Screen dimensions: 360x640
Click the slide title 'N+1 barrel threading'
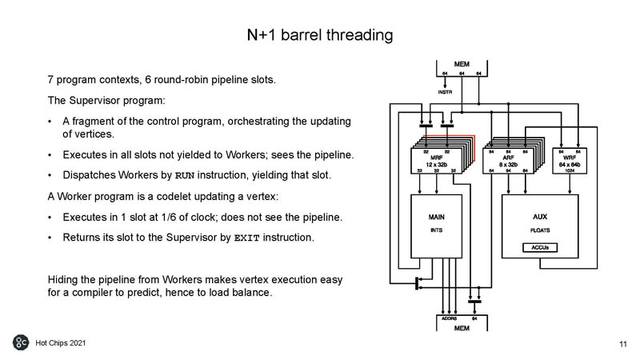320,35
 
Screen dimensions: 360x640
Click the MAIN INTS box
436,224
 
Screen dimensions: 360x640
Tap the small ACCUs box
539,248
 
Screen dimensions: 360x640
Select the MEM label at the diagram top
462,63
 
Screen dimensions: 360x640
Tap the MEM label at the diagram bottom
462,328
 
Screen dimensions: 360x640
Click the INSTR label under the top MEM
446,92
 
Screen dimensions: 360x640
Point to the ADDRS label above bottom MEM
450,318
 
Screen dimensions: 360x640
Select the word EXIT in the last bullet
246,238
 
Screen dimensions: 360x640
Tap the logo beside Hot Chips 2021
21,342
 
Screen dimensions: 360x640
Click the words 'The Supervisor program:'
95,101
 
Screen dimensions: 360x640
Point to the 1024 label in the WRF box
570,170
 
